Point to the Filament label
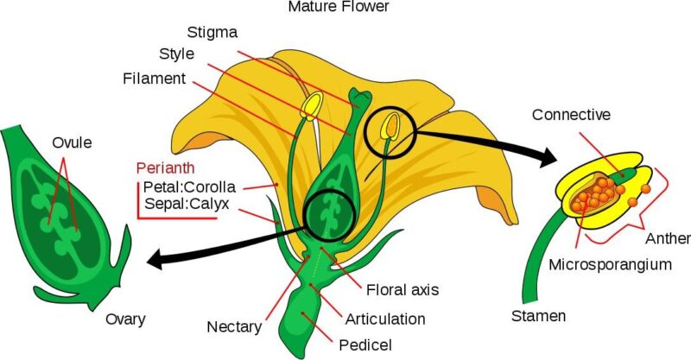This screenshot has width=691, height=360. point(155,79)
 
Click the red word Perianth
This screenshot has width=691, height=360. point(165,167)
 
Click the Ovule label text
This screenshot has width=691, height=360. point(72,142)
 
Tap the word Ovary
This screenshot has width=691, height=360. point(124,319)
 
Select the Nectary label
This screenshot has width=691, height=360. point(234,326)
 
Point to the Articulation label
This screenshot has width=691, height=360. point(385,319)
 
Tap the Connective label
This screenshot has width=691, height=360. point(571,115)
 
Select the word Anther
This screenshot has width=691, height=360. point(668,239)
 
